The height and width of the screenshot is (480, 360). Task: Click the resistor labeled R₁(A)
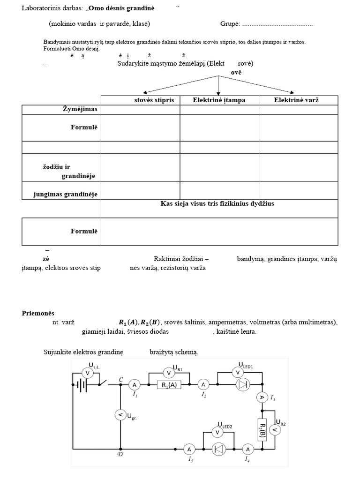click(169, 385)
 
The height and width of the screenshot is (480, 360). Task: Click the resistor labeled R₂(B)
click(262, 428)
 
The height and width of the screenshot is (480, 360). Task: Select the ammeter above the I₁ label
click(134, 385)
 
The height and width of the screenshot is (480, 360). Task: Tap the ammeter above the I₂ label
click(203, 385)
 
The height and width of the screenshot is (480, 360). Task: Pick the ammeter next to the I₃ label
click(262, 397)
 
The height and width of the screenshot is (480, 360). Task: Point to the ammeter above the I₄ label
click(248, 449)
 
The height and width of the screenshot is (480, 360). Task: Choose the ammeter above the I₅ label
click(189, 449)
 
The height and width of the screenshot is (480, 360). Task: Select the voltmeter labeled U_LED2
click(217, 432)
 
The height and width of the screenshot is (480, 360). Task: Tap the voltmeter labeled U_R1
click(169, 373)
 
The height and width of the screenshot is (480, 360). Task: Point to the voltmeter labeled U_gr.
click(120, 414)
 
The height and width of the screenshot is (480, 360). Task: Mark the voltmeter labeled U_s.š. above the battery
click(86, 373)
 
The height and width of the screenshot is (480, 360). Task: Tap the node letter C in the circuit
click(121, 379)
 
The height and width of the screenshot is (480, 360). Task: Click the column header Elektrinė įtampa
click(219, 100)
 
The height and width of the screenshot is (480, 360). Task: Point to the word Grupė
click(230, 24)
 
